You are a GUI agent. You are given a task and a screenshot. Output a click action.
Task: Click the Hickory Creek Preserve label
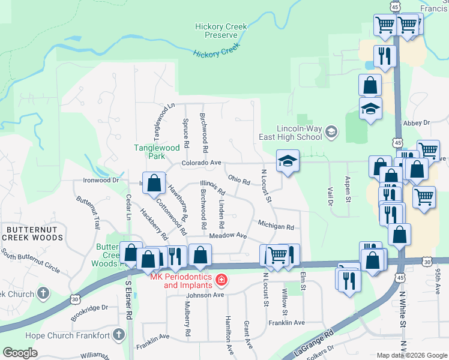coord(217,31)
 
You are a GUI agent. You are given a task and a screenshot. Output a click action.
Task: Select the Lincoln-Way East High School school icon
coord(331,131)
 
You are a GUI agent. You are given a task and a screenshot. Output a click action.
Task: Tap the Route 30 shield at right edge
coord(426,262)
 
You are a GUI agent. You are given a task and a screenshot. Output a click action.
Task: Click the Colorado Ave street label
coord(202,163)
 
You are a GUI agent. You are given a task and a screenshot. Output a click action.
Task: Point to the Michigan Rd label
coord(276,227)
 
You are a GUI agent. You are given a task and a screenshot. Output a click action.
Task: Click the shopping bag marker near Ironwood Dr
coord(154,182)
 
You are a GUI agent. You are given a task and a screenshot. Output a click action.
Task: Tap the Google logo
coord(20,353)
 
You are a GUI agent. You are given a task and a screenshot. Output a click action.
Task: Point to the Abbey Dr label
coord(418,122)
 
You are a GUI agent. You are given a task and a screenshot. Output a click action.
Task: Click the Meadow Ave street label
coord(228,236)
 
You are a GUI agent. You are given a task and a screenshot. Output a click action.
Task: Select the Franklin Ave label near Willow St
coord(286,322)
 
